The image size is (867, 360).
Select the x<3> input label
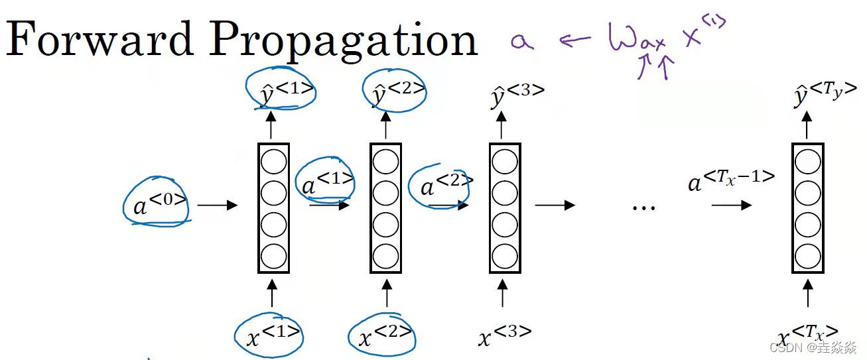pos(504,335)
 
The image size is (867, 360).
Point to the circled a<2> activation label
pos(440,186)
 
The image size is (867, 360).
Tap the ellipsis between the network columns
pos(643,207)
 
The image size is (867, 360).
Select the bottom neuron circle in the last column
pos(807,255)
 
